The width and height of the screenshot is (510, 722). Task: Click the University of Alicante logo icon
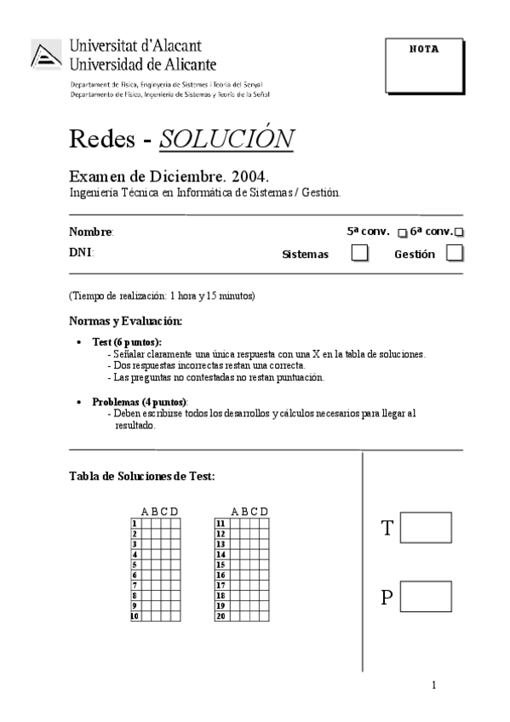coord(47,55)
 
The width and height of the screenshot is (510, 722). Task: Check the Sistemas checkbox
coord(360,253)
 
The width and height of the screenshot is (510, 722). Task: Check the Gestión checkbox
coord(456,253)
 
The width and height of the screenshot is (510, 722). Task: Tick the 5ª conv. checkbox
coord(403,232)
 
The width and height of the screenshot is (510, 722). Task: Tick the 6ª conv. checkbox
coord(460,232)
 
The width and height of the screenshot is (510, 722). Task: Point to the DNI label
coord(81,253)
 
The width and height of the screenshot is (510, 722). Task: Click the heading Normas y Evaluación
coord(125,321)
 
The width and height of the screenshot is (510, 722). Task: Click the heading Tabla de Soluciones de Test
coord(141,476)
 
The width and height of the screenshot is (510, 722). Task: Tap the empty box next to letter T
coord(425,528)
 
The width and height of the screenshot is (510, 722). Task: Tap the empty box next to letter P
coord(425,596)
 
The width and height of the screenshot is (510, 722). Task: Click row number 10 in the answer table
coord(135,615)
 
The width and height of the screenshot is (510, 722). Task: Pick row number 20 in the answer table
coord(220,615)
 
